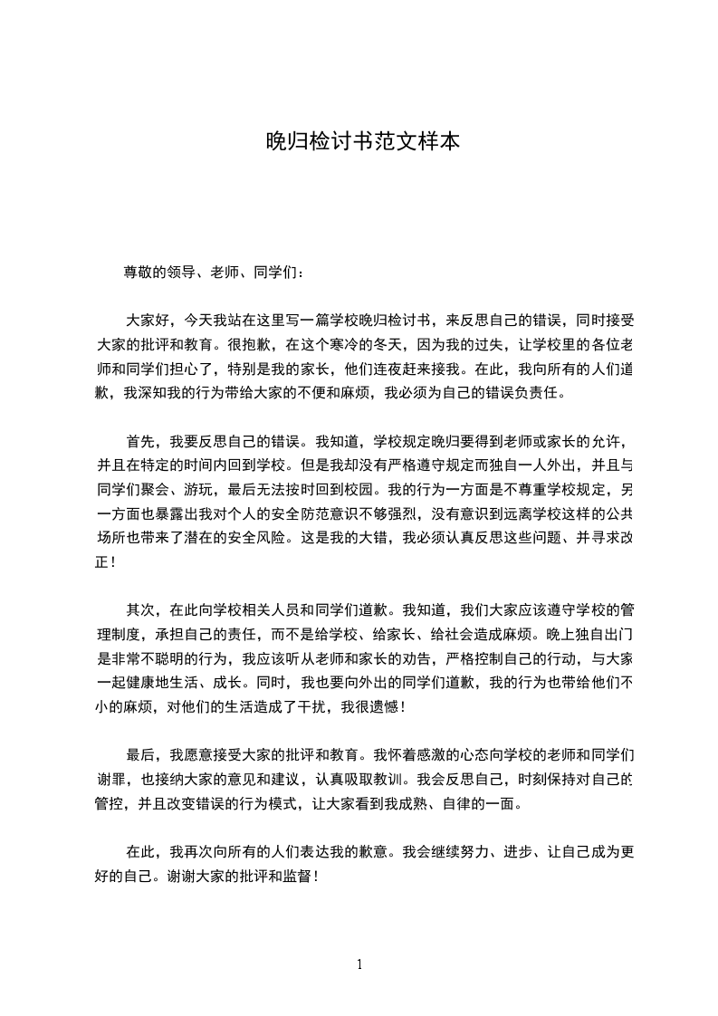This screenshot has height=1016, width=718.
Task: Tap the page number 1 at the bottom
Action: point(359,964)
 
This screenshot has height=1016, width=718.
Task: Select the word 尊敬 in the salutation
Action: point(139,272)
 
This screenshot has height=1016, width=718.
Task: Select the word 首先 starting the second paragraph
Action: point(139,442)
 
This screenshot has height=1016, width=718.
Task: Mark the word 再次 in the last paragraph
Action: point(197,852)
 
